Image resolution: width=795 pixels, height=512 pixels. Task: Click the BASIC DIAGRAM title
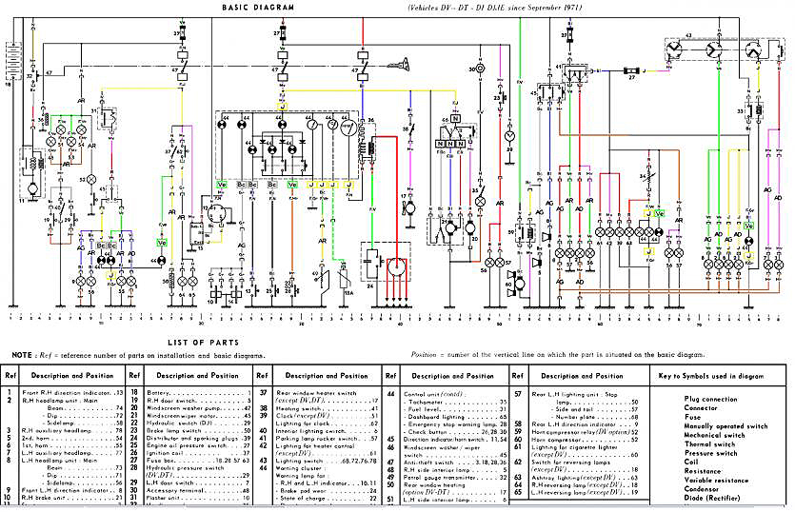click(258, 8)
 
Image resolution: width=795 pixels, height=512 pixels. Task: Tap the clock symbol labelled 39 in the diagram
click(508, 136)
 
